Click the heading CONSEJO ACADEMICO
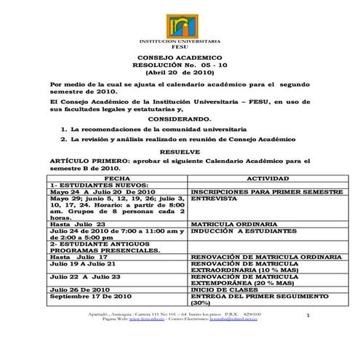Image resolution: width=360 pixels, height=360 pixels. tap(179, 57)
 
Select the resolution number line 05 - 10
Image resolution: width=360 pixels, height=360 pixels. tap(179, 65)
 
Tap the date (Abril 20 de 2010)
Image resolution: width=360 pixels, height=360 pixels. tap(179, 73)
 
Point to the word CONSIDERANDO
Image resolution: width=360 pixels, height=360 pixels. tap(179, 119)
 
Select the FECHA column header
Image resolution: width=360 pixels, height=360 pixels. tap(117, 177)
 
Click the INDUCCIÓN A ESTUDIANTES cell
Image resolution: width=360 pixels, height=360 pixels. tap(237, 231)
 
